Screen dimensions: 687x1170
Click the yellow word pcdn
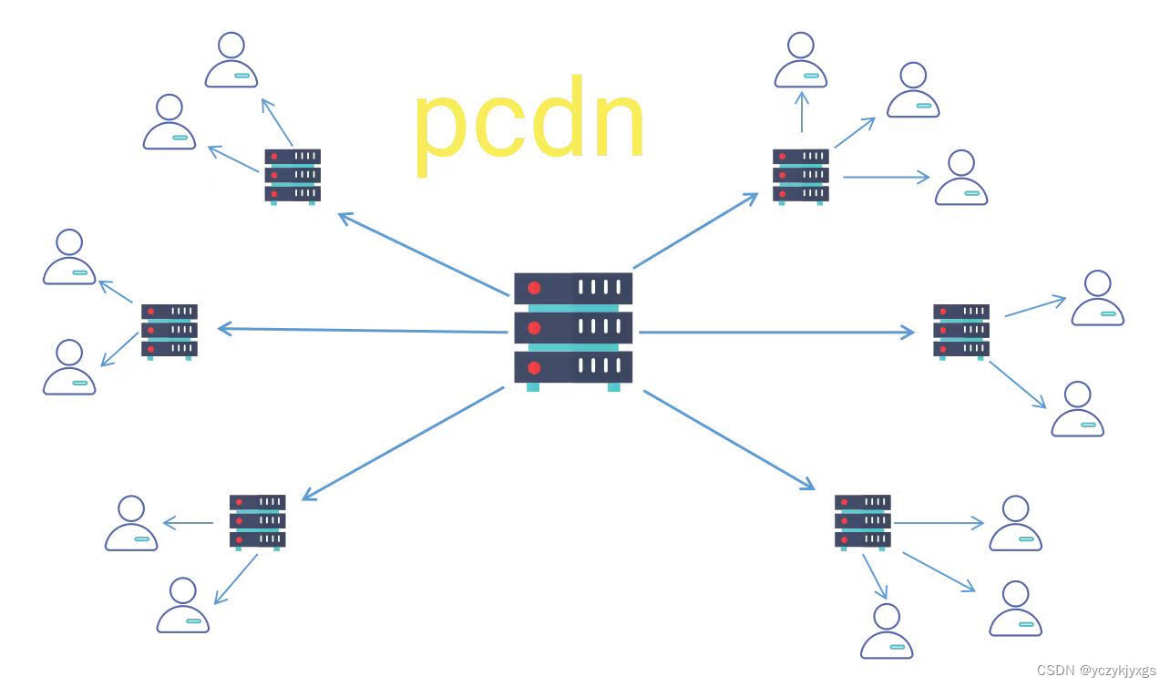529,128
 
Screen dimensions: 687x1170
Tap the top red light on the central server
534,288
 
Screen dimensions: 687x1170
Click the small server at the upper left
292,175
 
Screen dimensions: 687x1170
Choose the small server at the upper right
801,175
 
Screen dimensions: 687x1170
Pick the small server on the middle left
169,330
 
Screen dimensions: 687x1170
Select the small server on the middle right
961,330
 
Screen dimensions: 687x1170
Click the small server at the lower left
257,520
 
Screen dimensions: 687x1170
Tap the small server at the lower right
862,520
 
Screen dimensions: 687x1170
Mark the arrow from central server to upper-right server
695,231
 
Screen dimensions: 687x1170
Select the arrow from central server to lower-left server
402,444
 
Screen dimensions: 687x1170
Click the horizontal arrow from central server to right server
775,333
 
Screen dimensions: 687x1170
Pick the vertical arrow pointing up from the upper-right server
802,111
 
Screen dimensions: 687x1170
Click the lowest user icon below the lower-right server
887,631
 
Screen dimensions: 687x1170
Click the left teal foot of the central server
533,387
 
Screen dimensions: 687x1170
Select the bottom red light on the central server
534,367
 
